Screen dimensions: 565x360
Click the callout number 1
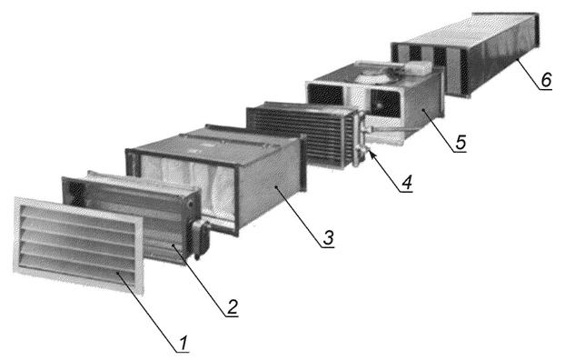point(183,343)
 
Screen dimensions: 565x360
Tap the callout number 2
point(232,307)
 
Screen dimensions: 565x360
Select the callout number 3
point(328,237)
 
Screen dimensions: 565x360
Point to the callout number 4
point(406,183)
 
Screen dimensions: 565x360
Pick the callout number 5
point(461,142)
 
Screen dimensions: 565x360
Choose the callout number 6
point(546,79)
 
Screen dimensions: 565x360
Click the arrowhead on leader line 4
point(372,155)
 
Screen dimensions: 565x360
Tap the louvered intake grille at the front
point(78,245)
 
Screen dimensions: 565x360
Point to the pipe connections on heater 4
point(361,139)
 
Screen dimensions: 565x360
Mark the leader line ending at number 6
point(530,74)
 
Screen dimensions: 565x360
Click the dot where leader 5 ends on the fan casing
point(422,111)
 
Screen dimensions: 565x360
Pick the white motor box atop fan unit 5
point(419,66)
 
